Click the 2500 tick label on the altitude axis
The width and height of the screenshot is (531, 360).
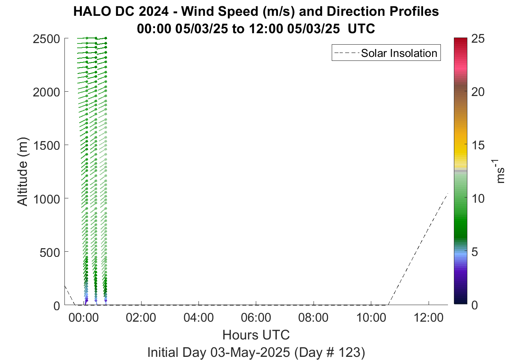(x=46, y=39)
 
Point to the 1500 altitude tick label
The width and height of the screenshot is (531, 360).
(x=46, y=145)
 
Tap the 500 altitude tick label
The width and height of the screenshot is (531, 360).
(x=49, y=253)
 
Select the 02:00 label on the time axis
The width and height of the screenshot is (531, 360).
(x=141, y=318)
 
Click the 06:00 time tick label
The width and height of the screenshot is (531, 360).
(x=256, y=318)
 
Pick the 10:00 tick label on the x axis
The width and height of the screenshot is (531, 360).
(x=371, y=318)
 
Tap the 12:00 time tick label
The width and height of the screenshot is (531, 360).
(x=428, y=318)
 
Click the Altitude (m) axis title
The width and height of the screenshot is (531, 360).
(x=23, y=172)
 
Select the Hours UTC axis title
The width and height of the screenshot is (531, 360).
(x=256, y=335)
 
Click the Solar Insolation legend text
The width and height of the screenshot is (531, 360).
(x=399, y=53)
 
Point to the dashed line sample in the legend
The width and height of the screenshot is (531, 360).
(x=347, y=53)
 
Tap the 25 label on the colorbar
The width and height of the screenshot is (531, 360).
(x=478, y=39)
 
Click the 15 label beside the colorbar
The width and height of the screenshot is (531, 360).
(x=478, y=145)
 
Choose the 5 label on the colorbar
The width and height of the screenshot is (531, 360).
(x=474, y=252)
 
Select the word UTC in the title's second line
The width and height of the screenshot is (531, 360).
(x=361, y=29)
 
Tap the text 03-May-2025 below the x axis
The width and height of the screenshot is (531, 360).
(x=250, y=352)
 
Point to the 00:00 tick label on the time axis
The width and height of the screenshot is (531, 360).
(x=83, y=318)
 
